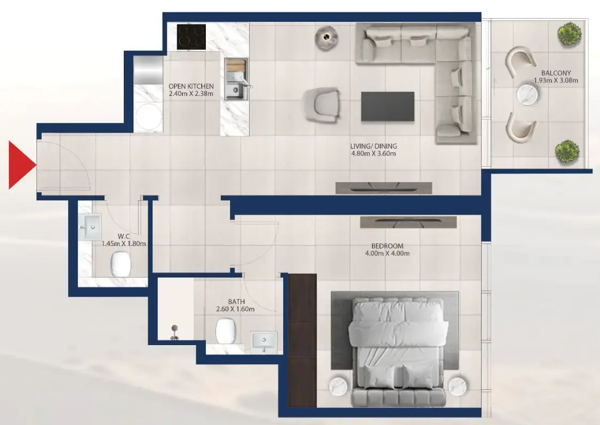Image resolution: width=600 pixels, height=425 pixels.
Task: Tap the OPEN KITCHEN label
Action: [x=191, y=86]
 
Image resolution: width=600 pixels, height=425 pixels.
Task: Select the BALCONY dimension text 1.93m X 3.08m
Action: [x=556, y=81]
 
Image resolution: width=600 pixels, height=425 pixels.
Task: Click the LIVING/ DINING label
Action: [x=373, y=146]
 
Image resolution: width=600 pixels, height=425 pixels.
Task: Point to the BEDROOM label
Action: [x=387, y=246]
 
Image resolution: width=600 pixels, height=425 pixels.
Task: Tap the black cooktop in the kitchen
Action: [x=191, y=37]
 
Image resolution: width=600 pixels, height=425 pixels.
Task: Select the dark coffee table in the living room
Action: [x=387, y=107]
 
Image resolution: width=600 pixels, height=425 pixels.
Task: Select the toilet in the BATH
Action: [x=226, y=331]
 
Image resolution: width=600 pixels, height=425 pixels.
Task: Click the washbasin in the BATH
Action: [x=263, y=339]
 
